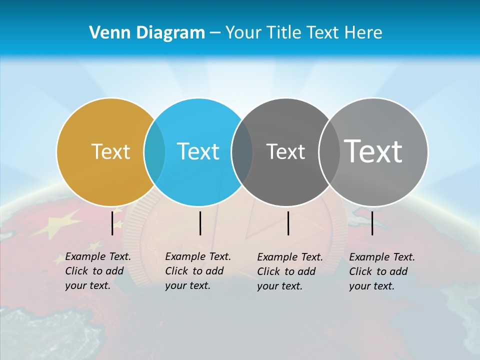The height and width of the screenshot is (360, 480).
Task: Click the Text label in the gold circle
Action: [111, 151]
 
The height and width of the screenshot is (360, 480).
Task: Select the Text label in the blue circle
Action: [198, 151]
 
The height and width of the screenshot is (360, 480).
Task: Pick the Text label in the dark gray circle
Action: [285, 151]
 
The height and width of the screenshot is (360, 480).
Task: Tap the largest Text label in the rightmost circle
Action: [373, 151]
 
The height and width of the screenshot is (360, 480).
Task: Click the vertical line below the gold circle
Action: [112, 223]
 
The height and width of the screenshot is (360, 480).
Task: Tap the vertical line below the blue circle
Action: [200, 223]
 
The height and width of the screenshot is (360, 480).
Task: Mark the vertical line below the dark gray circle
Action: [288, 223]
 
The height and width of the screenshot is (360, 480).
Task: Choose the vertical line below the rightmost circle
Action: [372, 223]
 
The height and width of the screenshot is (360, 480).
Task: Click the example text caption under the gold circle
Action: [97, 271]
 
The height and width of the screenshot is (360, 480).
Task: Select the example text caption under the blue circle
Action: [197, 271]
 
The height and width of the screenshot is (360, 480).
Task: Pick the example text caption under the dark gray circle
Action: [289, 271]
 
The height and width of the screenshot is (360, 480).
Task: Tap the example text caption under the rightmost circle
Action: [381, 271]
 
